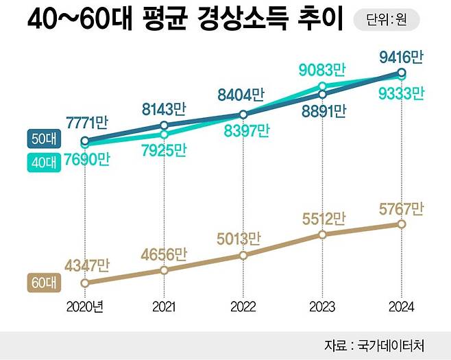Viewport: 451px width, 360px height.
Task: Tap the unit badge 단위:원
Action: (x=386, y=21)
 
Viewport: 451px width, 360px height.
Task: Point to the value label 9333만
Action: (x=401, y=93)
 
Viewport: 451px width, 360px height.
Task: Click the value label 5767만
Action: (x=401, y=208)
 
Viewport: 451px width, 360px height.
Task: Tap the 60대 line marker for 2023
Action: (x=322, y=235)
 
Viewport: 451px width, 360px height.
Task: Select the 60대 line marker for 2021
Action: (x=164, y=270)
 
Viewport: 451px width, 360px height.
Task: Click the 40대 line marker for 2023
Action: (x=322, y=86)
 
